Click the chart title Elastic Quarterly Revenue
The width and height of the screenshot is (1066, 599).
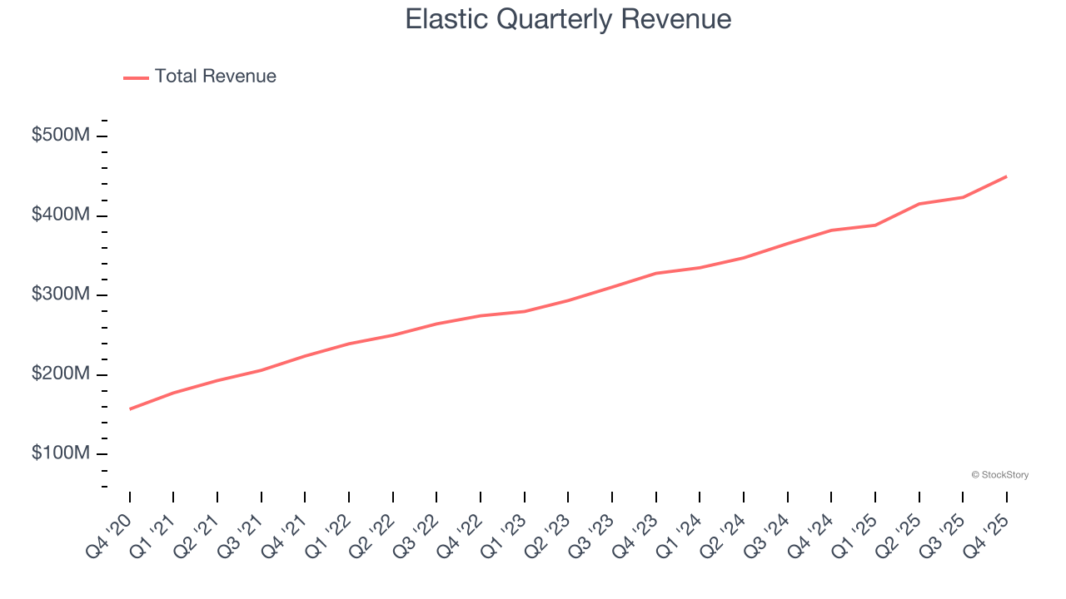(568, 19)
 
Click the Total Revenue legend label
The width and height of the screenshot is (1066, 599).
(215, 77)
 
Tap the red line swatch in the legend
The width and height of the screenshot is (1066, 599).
(136, 77)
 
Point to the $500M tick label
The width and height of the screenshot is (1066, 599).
(60, 136)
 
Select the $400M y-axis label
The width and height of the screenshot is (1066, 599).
(60, 215)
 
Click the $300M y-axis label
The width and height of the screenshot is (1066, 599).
(60, 295)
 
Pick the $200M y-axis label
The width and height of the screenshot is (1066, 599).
(60, 374)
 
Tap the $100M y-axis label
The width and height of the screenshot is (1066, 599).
(60, 453)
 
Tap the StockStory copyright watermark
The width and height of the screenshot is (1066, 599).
(999, 475)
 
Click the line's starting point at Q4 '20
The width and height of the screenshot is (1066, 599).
(130, 408)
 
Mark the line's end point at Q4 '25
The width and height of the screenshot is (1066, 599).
(1006, 176)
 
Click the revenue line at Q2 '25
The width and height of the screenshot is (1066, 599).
(919, 204)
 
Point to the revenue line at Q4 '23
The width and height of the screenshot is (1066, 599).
(656, 273)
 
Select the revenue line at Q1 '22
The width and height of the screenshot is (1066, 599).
(349, 344)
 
